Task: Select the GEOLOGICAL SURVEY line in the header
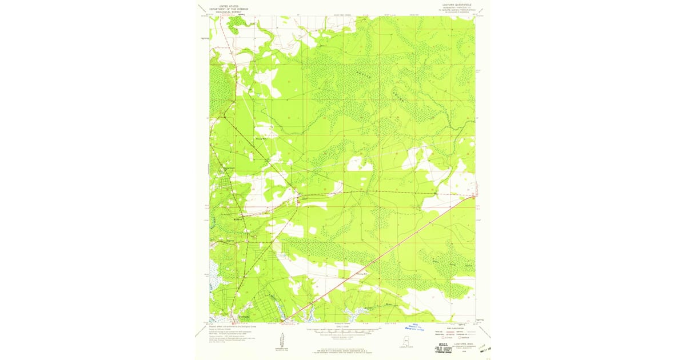click(224, 11)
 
